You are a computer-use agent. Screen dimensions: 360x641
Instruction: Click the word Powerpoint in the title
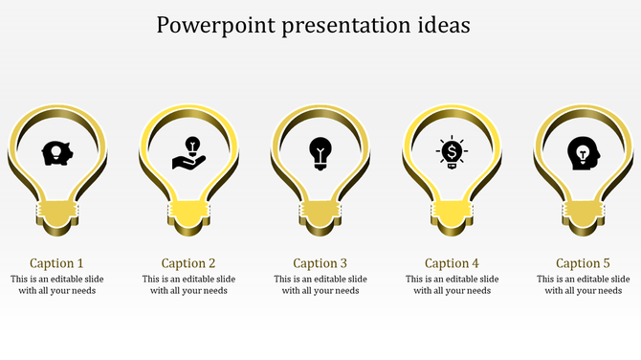click(212, 25)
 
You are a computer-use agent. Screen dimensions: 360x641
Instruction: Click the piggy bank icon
click(56, 152)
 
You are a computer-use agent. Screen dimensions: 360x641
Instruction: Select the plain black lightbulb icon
click(320, 152)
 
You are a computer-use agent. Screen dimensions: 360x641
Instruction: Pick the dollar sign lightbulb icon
click(452, 152)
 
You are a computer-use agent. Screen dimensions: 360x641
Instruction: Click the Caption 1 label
click(56, 262)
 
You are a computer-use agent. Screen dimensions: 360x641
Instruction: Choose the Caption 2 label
click(188, 262)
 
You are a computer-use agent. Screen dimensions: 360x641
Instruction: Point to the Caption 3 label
click(320, 262)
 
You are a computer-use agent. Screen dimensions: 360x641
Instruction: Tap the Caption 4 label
click(452, 262)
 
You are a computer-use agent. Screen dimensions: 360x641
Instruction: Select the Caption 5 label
click(583, 262)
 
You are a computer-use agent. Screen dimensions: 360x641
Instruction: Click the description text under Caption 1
click(56, 285)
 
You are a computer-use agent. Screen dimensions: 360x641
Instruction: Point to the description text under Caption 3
click(320, 285)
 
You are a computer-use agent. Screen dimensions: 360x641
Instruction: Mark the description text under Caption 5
click(583, 285)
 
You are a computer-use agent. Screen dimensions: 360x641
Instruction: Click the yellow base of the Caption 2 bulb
click(188, 213)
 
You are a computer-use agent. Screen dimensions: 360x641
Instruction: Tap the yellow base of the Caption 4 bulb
click(452, 213)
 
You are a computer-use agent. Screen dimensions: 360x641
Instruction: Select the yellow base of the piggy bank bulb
click(56, 213)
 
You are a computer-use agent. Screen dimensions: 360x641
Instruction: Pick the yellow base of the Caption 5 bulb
click(583, 213)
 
